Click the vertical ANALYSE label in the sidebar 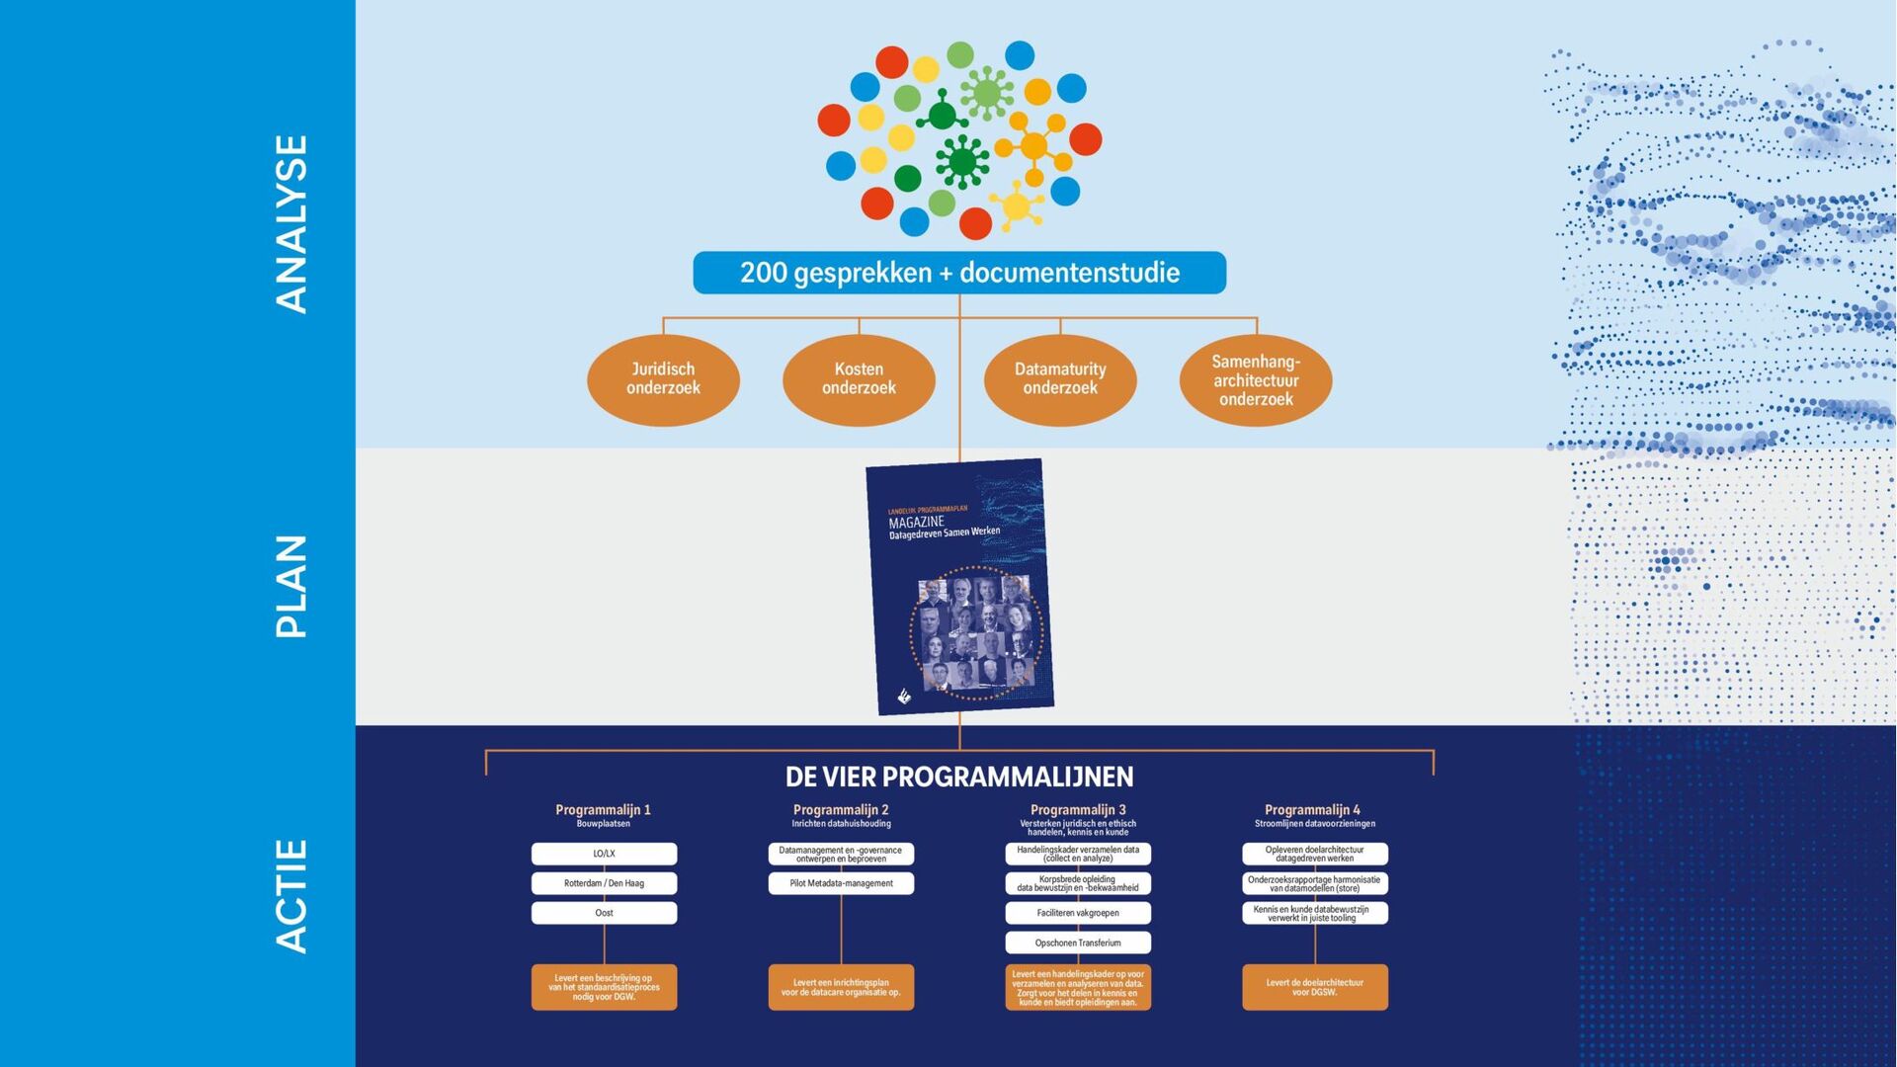[291, 224]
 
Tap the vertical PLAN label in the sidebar [291, 586]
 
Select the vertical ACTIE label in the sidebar [291, 896]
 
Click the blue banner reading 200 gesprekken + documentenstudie [959, 273]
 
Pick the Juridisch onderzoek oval [663, 379]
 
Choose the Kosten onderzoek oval [859, 379]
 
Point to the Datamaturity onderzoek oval [1060, 379]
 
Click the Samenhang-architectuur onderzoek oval [1256, 380]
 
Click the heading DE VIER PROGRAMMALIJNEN [959, 777]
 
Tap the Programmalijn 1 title [603, 810]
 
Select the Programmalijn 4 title [1313, 810]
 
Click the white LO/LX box [604, 854]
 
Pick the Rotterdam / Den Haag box [604, 883]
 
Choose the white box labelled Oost [604, 913]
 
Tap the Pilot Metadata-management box [841, 883]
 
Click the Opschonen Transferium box [1078, 943]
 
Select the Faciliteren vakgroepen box [1078, 913]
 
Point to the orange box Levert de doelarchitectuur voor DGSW [1315, 987]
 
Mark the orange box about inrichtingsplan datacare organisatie [841, 987]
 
